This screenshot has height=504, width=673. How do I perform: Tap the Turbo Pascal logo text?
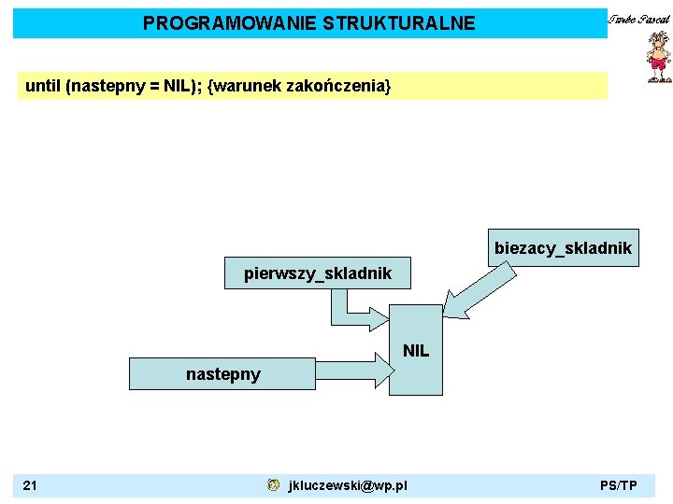639,19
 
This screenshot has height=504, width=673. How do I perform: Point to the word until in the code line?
43,86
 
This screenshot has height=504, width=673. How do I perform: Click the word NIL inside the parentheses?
178,86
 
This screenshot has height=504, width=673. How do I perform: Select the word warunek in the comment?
244,86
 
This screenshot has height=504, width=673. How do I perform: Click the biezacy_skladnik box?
563,248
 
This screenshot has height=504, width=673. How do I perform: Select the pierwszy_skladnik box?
318,273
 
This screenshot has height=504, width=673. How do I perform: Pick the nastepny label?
222,373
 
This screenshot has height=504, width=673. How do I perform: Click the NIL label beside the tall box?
416,351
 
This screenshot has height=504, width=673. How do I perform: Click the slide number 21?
30,485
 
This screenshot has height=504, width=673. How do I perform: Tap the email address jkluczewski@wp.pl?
348,485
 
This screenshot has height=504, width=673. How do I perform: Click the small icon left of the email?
272,485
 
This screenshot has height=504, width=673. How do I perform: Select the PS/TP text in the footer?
619,485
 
